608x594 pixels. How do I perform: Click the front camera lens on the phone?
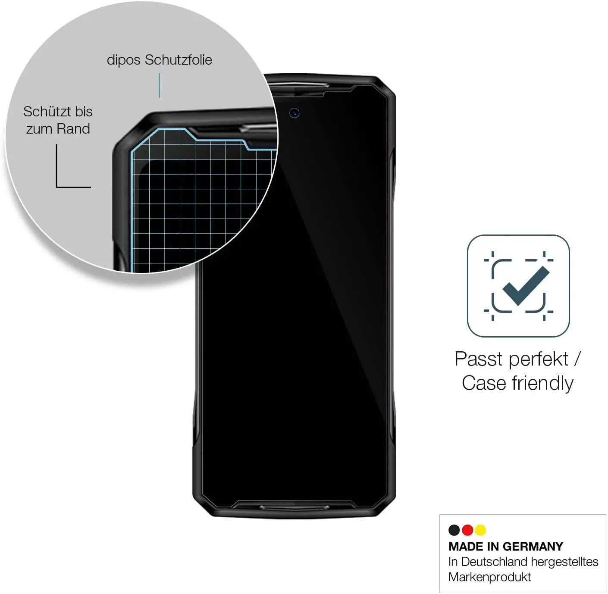click(295, 113)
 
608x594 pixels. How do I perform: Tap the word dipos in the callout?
click(124, 60)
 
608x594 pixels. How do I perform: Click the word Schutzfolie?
click(178, 60)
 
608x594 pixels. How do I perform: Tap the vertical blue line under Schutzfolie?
click(159, 85)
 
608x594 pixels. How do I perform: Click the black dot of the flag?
click(454, 530)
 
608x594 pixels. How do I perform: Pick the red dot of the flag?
click(467, 530)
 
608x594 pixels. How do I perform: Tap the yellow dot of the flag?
click(480, 530)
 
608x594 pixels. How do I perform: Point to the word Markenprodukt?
click(489, 577)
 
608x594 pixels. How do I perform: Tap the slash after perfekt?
click(577, 359)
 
